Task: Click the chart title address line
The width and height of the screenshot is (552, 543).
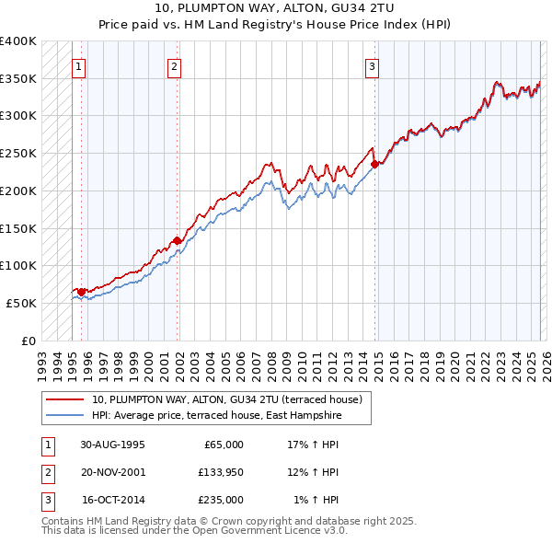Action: [276, 9]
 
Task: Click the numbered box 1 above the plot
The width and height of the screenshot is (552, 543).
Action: [79, 65]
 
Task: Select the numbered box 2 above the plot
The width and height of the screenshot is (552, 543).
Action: [175, 65]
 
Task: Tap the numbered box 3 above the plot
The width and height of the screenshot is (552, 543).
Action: [372, 65]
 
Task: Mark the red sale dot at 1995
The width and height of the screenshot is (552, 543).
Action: [82, 291]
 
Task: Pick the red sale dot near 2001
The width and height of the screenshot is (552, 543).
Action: [178, 240]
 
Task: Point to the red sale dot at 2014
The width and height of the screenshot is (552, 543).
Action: [375, 165]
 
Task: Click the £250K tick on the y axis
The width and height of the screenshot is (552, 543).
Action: [18, 154]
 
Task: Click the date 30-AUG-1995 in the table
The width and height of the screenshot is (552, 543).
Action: [112, 445]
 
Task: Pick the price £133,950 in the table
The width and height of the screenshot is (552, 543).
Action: [218, 472]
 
